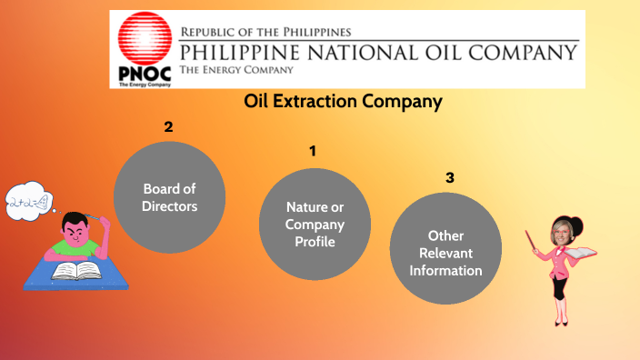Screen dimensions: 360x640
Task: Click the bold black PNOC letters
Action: [x=142, y=72]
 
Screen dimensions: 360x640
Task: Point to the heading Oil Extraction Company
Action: [x=343, y=102]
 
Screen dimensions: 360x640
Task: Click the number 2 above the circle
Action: [x=168, y=127]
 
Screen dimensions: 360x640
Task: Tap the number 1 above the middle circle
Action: [x=313, y=151]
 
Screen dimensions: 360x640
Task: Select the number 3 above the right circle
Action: [x=449, y=177]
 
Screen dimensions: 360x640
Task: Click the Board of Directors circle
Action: [x=169, y=197]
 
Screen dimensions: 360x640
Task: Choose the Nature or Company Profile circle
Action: [x=315, y=224]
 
